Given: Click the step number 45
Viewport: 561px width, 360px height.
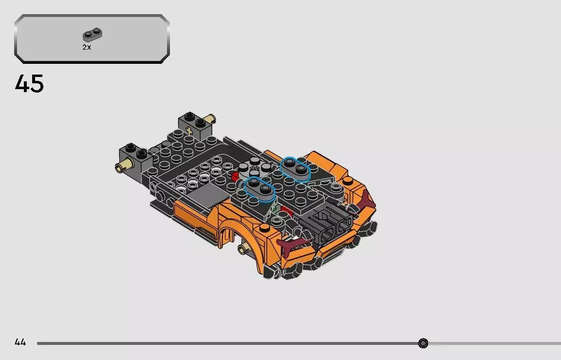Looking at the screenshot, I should [x=29, y=84].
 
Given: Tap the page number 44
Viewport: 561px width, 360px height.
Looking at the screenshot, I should [x=20, y=342].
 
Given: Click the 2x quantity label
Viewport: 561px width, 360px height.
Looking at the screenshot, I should [x=87, y=47].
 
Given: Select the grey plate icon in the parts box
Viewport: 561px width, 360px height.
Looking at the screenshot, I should [x=93, y=35].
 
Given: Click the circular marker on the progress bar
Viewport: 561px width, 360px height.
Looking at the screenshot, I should [x=423, y=343].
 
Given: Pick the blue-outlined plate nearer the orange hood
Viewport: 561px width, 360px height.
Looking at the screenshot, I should [x=296, y=167].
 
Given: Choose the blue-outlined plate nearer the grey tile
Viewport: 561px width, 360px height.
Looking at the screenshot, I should [x=259, y=188].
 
